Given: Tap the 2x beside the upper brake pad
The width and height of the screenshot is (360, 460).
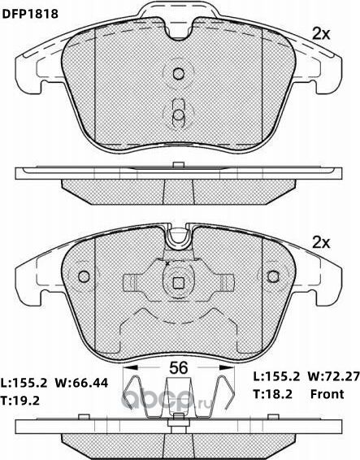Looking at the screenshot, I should [x=322, y=34].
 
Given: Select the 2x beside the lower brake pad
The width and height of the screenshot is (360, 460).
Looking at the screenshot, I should [x=322, y=243].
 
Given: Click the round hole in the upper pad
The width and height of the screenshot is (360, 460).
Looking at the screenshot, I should [x=179, y=74].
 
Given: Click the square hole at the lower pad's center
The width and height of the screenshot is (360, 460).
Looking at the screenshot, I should [x=179, y=284].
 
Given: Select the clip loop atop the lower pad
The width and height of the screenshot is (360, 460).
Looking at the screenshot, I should [x=179, y=238].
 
